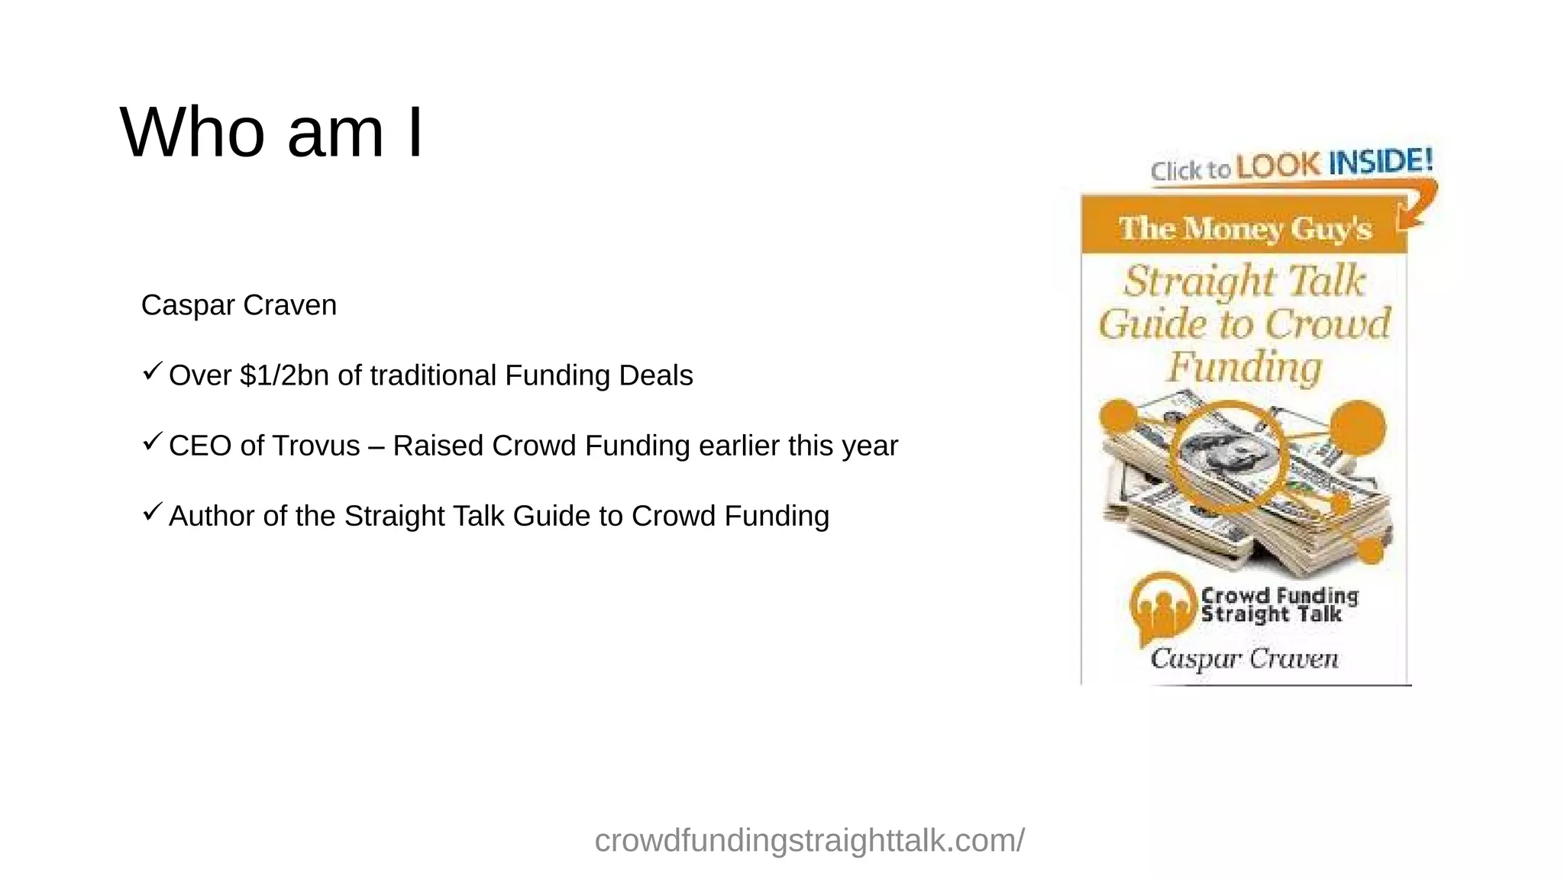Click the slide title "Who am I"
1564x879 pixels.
271,133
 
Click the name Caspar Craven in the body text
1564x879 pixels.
238,305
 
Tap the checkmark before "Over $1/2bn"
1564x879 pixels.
152,372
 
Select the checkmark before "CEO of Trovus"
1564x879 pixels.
152,442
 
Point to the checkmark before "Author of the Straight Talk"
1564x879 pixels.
152,512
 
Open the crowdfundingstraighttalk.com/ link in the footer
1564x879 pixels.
809,841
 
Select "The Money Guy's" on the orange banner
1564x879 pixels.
1245,228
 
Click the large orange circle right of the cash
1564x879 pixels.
1357,427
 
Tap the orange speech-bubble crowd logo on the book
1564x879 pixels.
1162,607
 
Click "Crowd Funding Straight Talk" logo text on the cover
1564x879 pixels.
1279,605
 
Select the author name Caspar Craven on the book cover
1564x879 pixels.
1244,658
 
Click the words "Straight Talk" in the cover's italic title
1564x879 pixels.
1244,281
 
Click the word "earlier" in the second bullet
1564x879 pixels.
739,446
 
